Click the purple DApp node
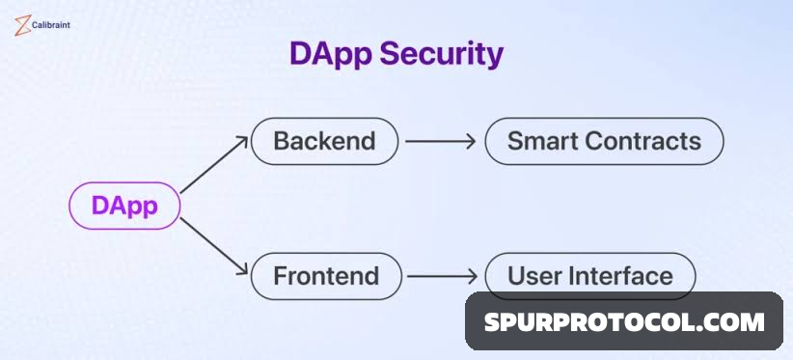pyautogui.click(x=124, y=206)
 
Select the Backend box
pyautogui.click(x=324, y=141)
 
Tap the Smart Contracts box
pyautogui.click(x=604, y=141)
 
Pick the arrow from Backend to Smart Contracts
pyautogui.click(x=440, y=141)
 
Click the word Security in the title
pyautogui.click(x=441, y=54)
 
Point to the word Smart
pyautogui.click(x=542, y=141)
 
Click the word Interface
pyautogui.click(x=619, y=276)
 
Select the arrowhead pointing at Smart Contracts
pyautogui.click(x=470, y=141)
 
